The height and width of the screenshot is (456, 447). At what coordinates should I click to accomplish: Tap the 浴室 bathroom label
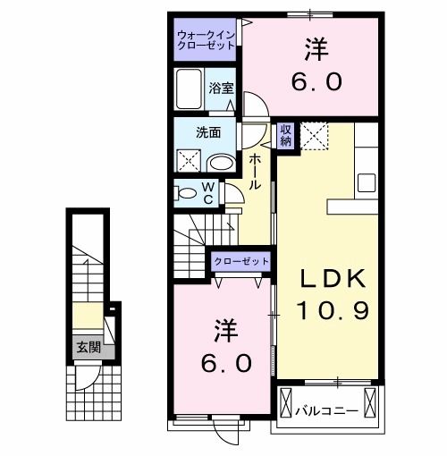tap(222, 88)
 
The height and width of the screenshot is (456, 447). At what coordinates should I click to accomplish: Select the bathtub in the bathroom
tap(190, 90)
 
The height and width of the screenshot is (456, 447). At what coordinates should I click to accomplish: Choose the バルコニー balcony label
tap(327, 410)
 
